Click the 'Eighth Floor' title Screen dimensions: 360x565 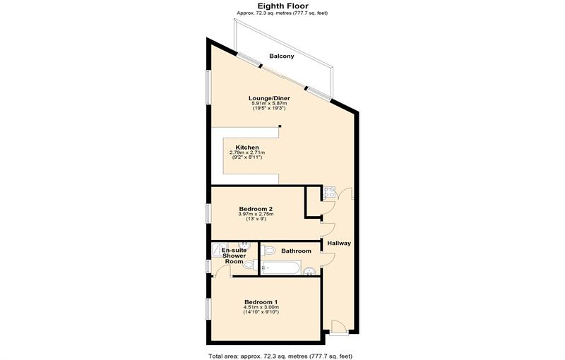click(282, 6)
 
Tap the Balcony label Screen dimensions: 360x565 click(282, 56)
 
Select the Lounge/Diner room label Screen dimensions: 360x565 click(268, 98)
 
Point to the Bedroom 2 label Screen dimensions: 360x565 click(256, 209)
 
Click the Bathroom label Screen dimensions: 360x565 click(296, 251)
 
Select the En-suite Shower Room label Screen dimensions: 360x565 click(234, 256)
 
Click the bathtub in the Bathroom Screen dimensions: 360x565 click(280, 268)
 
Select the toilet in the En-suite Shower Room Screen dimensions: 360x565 click(248, 265)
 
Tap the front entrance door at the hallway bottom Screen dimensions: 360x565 click(338, 325)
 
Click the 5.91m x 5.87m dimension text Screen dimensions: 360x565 click(268, 103)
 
